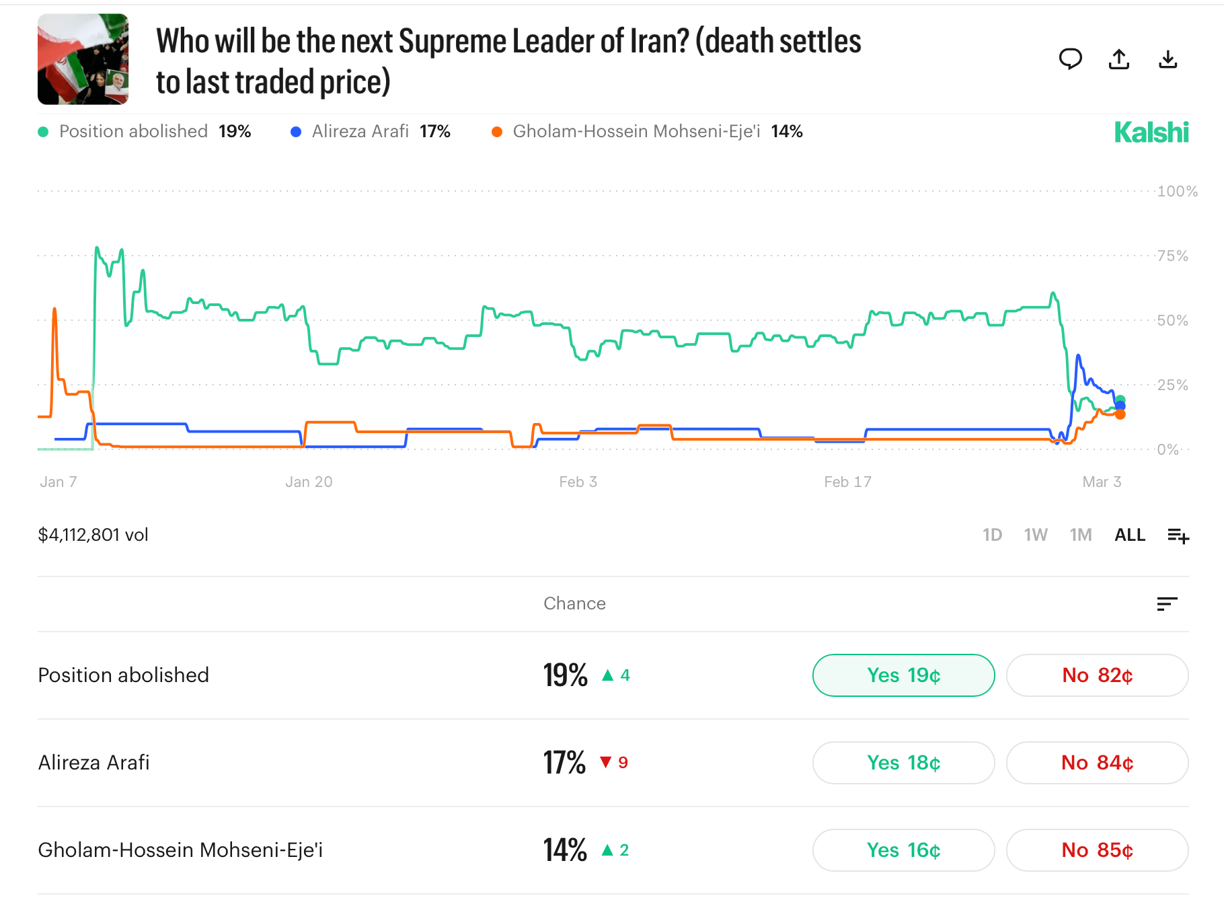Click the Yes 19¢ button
(x=903, y=675)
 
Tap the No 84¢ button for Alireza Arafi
(x=1097, y=763)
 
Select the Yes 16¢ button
(x=903, y=850)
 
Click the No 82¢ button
(x=1097, y=675)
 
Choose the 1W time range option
(x=1035, y=535)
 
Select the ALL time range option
(x=1129, y=535)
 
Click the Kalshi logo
(x=1151, y=133)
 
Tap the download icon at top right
(x=1168, y=60)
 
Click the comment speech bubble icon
(x=1070, y=60)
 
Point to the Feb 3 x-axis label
(x=578, y=482)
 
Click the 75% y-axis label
(x=1172, y=256)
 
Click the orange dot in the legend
(x=497, y=132)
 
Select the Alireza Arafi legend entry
(x=360, y=131)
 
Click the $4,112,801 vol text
(x=93, y=535)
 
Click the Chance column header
(x=574, y=603)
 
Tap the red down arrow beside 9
(x=606, y=762)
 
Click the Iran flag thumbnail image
(x=83, y=59)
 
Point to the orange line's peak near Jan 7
(x=54, y=309)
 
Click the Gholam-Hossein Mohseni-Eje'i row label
(x=180, y=850)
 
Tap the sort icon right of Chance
(x=1167, y=603)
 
